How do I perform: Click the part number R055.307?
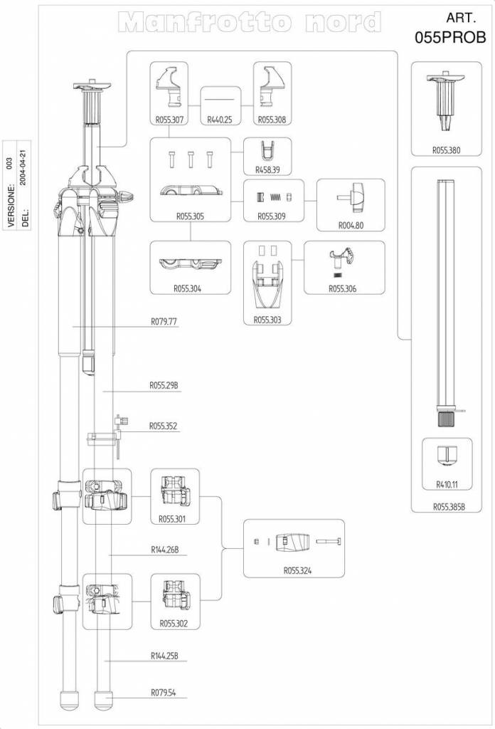click(x=170, y=120)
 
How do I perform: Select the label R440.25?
click(x=220, y=120)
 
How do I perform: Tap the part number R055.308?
click(x=272, y=120)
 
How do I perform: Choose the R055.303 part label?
click(x=267, y=320)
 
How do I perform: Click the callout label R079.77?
click(x=164, y=322)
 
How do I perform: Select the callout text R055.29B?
click(x=164, y=385)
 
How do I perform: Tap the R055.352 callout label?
click(x=164, y=426)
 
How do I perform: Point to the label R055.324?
click(x=297, y=571)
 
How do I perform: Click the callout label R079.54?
click(x=164, y=691)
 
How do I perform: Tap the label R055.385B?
click(x=449, y=508)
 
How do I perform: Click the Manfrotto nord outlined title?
click(x=252, y=23)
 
